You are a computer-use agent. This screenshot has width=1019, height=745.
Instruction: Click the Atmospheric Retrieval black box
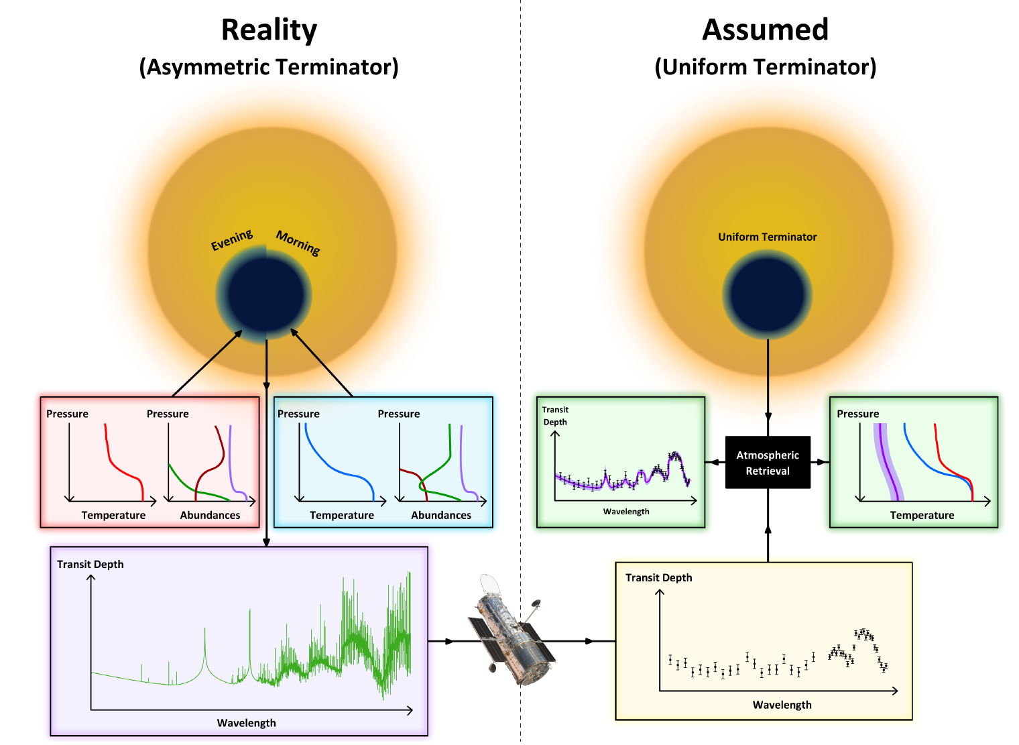tap(768, 463)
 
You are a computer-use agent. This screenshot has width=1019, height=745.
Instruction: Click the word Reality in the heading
tap(269, 30)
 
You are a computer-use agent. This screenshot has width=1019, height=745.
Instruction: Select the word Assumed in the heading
tap(765, 30)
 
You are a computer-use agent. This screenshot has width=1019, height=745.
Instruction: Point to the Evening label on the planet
tap(232, 239)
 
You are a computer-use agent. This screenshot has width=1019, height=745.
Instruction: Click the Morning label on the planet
tap(298, 242)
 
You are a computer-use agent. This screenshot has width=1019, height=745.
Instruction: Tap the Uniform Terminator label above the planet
tap(767, 237)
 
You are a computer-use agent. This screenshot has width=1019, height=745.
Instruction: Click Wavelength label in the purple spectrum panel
tap(246, 723)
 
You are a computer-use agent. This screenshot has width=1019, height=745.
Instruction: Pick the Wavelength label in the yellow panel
tap(782, 705)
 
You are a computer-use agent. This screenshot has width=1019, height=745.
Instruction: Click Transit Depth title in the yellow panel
tap(658, 577)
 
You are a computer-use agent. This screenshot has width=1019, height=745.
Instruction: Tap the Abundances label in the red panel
tap(210, 515)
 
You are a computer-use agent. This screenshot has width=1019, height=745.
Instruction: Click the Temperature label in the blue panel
tap(342, 515)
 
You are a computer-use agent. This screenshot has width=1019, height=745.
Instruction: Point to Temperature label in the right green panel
tap(922, 515)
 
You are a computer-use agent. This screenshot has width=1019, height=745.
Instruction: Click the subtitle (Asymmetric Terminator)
tap(269, 67)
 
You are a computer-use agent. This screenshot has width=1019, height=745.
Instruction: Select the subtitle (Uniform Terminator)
tap(765, 67)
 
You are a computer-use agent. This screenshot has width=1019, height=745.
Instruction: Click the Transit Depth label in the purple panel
tap(91, 564)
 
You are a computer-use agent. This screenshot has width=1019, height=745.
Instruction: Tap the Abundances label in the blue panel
tap(441, 515)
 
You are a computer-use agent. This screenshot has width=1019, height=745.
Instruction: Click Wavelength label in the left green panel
tap(626, 512)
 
